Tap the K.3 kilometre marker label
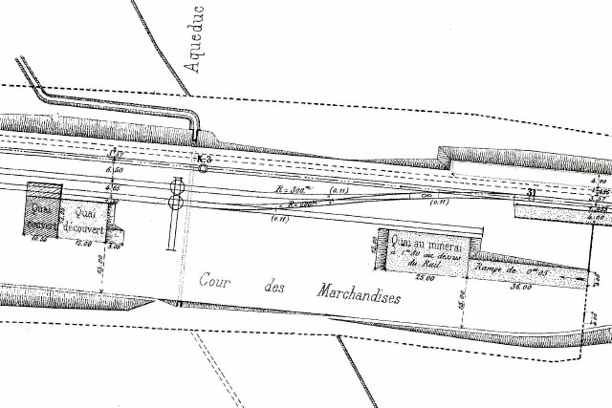(x=202, y=158)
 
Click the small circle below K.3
(x=203, y=169)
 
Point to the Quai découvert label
(x=84, y=219)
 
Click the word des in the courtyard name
(x=275, y=287)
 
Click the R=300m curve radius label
(x=293, y=191)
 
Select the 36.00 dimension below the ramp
(x=522, y=285)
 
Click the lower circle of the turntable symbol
(x=177, y=202)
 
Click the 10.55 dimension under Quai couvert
(x=39, y=239)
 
